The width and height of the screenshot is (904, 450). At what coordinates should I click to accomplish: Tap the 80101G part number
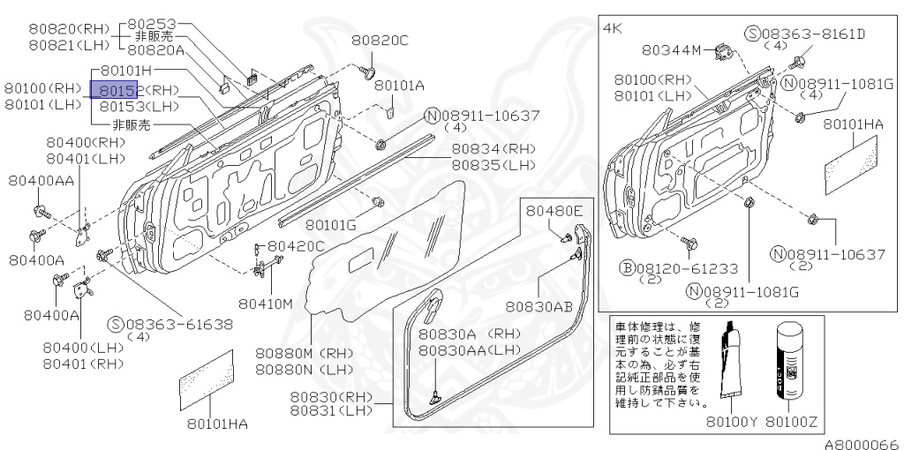coord(328,226)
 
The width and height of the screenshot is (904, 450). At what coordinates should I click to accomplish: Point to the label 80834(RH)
coord(493,149)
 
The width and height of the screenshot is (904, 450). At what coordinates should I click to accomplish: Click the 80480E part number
coord(555,211)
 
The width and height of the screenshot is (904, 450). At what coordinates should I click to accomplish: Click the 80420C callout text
coord(297,246)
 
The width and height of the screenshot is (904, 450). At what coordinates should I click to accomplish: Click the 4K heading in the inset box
coord(614,28)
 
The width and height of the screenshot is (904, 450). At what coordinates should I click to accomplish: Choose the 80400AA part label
coord(41,180)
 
